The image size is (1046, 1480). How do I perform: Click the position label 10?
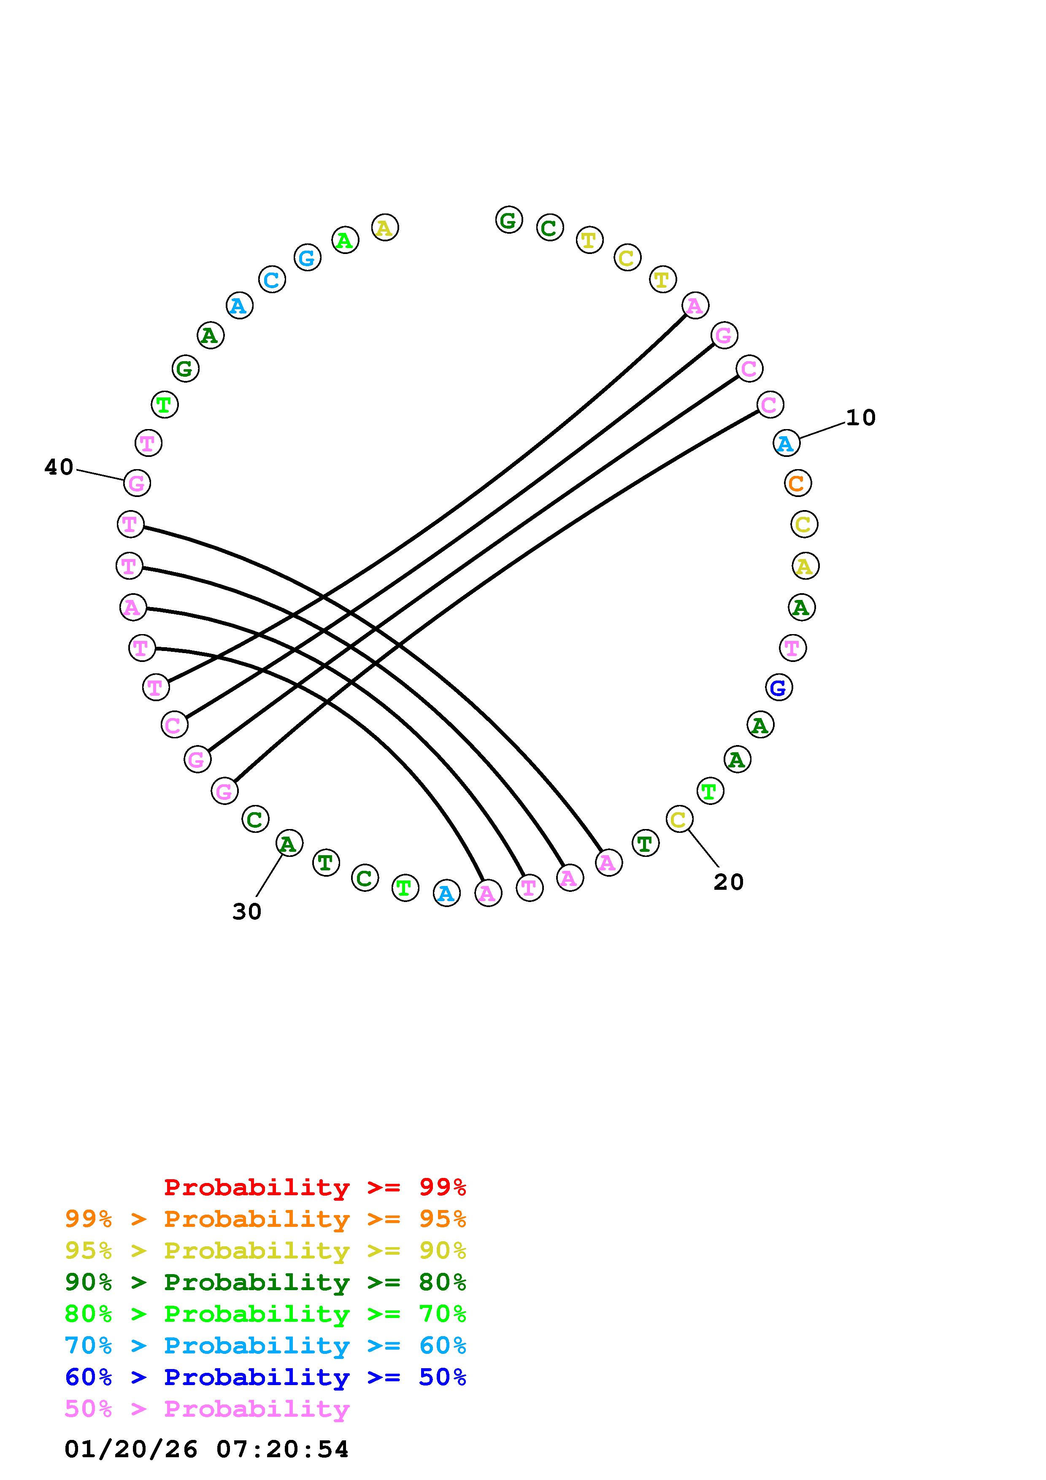(860, 418)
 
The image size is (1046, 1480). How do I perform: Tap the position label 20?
(728, 882)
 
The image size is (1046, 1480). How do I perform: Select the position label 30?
(247, 911)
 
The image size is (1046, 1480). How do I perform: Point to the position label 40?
(59, 467)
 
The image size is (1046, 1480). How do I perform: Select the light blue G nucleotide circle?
(308, 258)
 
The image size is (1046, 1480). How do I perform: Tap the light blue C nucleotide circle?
(272, 280)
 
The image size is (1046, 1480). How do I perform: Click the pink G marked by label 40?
(137, 483)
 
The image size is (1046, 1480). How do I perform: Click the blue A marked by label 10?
(786, 443)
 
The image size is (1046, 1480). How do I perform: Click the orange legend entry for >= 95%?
(265, 1219)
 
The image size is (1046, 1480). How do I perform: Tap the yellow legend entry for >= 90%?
(265, 1250)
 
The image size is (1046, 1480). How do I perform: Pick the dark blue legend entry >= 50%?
(265, 1377)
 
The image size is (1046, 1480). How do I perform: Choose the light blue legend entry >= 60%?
(265, 1345)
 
